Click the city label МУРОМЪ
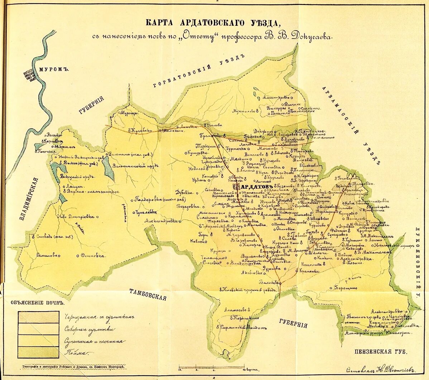click(x=54, y=69)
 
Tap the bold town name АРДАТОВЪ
click(x=257, y=187)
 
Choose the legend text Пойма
click(x=76, y=353)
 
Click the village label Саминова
click(x=47, y=255)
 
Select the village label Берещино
click(x=346, y=287)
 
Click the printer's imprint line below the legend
click(x=73, y=367)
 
